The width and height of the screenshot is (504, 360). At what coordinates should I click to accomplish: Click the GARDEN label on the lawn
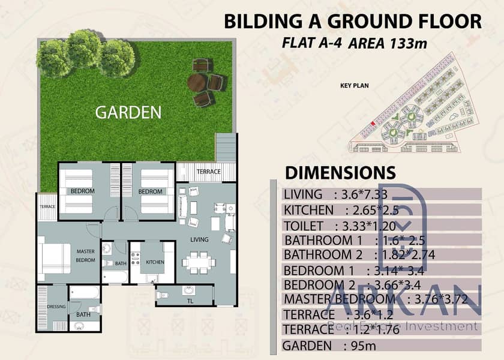click(128, 112)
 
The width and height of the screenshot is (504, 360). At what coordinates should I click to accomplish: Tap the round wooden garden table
click(197, 83)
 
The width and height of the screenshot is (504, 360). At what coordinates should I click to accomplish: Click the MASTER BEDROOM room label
click(85, 256)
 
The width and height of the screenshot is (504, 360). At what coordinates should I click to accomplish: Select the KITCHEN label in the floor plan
click(155, 262)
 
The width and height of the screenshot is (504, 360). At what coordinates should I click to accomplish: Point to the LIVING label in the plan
click(199, 239)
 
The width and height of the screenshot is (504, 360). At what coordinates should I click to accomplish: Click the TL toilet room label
click(190, 301)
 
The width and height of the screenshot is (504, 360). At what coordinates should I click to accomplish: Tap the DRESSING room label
click(56, 307)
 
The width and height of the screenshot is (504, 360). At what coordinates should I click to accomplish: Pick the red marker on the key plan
click(372, 124)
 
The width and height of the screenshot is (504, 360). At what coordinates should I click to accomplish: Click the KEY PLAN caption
click(354, 85)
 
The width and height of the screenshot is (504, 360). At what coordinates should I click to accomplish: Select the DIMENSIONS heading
click(340, 173)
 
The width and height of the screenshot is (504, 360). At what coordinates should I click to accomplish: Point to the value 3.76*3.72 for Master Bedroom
click(440, 299)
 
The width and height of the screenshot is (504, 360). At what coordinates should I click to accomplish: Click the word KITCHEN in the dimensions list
click(308, 210)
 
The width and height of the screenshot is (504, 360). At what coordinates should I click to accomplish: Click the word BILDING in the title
click(263, 22)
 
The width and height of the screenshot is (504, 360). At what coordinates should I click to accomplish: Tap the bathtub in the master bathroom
click(85, 292)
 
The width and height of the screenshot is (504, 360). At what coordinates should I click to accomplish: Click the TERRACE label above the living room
click(209, 172)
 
